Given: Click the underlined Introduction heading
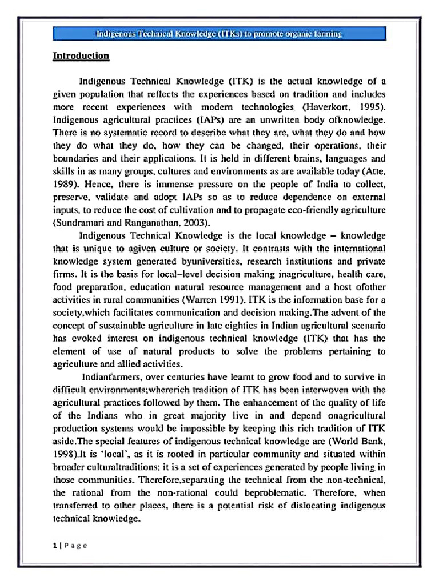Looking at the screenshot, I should (81, 56).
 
